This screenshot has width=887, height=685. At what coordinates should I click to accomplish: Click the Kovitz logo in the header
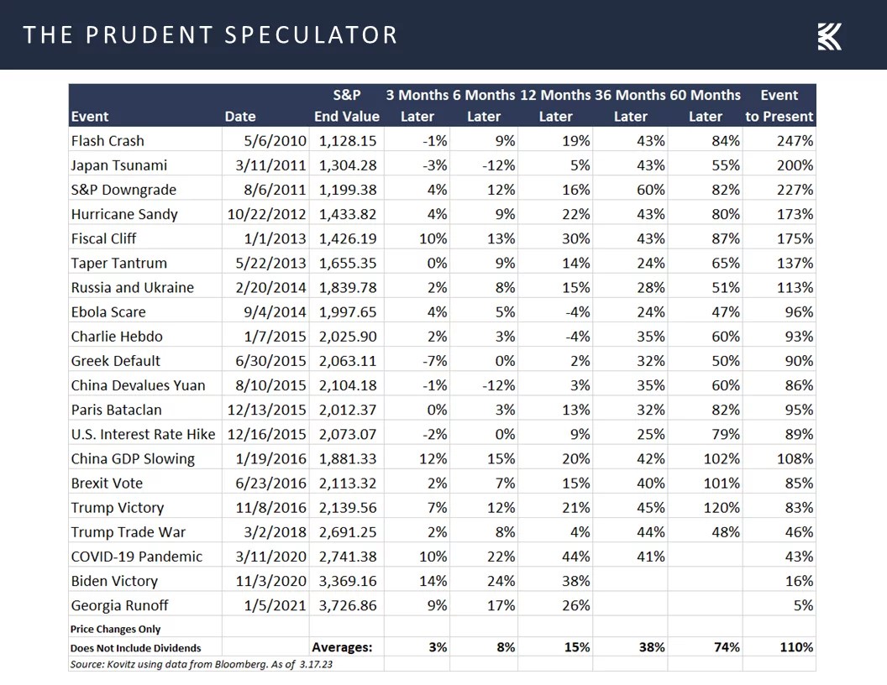coord(829,36)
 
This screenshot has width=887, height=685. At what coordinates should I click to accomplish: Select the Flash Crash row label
coord(108,141)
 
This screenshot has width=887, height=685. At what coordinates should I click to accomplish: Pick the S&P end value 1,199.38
coord(347,190)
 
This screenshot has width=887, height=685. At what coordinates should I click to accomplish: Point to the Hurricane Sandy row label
coord(124,214)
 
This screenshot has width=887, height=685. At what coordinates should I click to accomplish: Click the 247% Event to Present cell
coord(795,141)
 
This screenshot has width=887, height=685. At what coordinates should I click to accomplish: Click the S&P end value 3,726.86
coord(347,604)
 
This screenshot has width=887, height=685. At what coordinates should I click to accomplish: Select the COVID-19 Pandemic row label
coord(137,556)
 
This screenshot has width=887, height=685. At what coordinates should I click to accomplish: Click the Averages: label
coord(342,647)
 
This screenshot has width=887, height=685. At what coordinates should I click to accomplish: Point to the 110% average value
coord(795,647)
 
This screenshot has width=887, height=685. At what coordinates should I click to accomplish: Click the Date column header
coord(240,117)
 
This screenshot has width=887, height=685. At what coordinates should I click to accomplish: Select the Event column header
coord(90,117)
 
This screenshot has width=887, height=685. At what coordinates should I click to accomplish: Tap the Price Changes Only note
coord(116,629)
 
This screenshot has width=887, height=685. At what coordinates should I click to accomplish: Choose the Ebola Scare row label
coord(108,312)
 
